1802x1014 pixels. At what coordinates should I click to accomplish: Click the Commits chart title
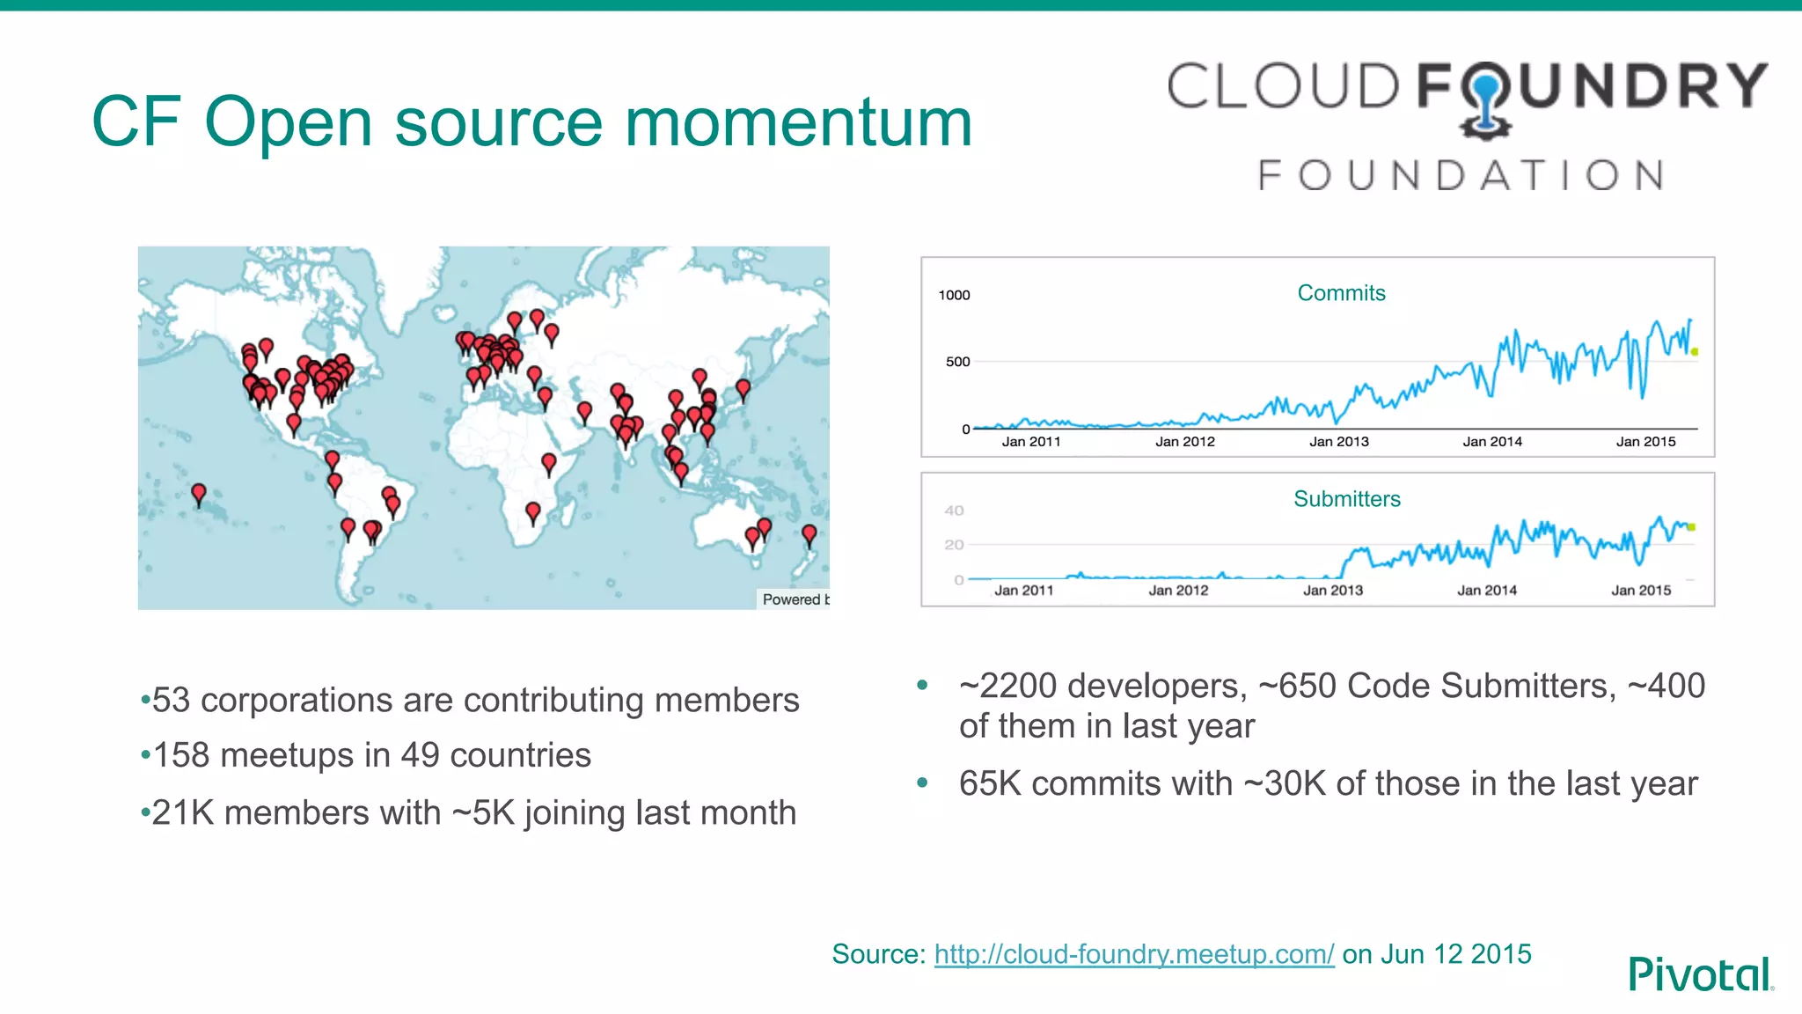(x=1341, y=293)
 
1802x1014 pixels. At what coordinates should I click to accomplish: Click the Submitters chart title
(x=1346, y=499)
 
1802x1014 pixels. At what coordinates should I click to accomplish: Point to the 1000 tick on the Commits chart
(x=954, y=295)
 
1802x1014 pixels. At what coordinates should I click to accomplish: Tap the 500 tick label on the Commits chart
(x=957, y=362)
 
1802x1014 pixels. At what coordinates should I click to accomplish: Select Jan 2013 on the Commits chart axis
(x=1338, y=442)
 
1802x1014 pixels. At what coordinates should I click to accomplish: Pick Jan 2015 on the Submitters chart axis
(x=1640, y=591)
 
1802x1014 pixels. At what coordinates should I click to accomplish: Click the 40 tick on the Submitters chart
(x=954, y=511)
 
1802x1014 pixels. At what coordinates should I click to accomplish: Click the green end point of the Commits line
(x=1694, y=352)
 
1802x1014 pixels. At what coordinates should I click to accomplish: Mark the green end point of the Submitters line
(x=1691, y=527)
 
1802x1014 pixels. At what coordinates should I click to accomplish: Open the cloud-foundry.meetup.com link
(x=1133, y=954)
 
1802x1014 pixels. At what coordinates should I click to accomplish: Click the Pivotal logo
(x=1700, y=974)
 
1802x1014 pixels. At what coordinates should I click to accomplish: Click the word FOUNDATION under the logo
(x=1461, y=175)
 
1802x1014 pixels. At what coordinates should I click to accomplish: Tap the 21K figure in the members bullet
(x=183, y=812)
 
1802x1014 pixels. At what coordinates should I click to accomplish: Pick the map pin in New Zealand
(x=809, y=533)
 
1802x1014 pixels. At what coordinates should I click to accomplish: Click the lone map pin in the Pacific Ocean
(x=199, y=493)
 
